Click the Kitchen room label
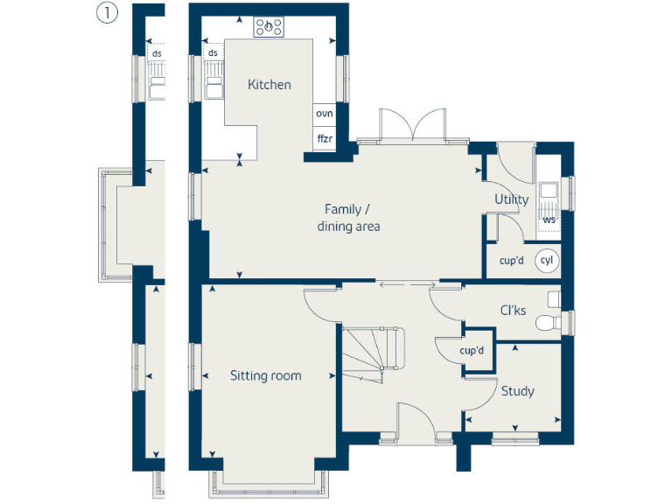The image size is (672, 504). click(269, 85)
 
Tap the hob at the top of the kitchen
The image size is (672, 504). click(269, 27)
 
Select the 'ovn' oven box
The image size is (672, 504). click(325, 114)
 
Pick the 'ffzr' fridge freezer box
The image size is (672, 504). click(325, 138)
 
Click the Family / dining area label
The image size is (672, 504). click(348, 218)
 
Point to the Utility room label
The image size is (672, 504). click(511, 199)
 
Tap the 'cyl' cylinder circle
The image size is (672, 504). click(547, 261)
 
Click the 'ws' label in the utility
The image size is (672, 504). click(549, 220)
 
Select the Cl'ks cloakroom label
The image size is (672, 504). click(513, 310)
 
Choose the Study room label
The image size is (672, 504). click(517, 391)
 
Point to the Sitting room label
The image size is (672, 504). click(265, 376)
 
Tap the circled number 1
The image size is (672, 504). click(106, 15)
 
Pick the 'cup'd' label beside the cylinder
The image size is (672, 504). click(512, 261)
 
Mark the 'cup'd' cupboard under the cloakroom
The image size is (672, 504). click(473, 351)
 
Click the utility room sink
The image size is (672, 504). click(549, 192)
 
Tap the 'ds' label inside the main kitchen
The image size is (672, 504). click(213, 54)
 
